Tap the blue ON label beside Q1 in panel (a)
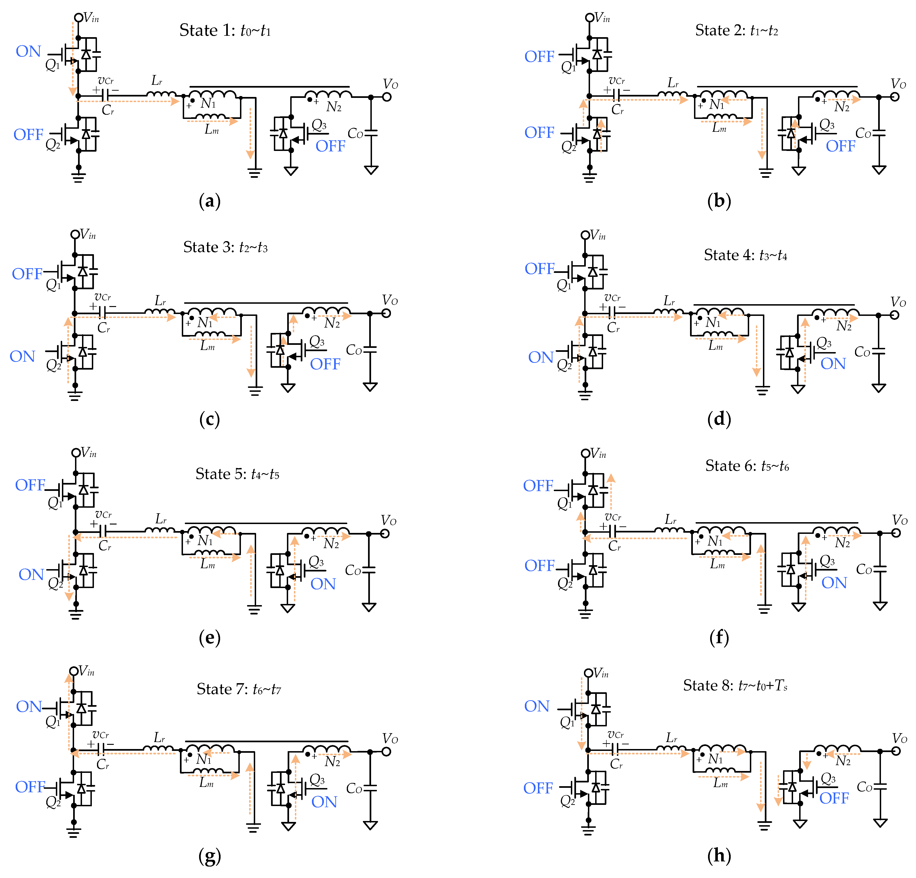(x=29, y=51)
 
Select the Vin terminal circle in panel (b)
(x=590, y=18)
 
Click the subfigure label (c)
(x=209, y=419)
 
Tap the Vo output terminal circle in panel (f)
(x=896, y=533)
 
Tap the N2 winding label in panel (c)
(x=332, y=323)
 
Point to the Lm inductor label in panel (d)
(x=716, y=346)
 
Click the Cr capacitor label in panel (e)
(x=105, y=546)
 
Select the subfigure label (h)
(x=719, y=855)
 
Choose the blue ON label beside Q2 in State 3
(x=22, y=357)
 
